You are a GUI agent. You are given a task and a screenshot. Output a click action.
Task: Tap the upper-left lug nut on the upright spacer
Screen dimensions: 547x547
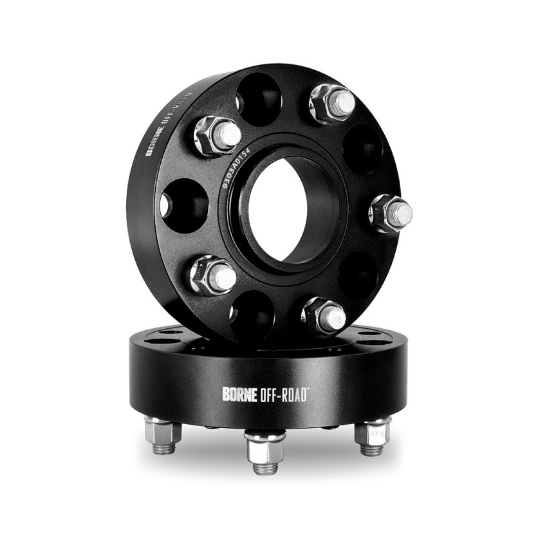218,136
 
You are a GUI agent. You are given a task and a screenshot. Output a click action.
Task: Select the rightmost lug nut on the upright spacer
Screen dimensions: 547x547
391,213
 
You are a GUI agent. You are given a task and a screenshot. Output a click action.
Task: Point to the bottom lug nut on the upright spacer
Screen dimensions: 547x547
325,315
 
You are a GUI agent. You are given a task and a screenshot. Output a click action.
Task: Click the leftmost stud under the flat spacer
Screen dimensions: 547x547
162,436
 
